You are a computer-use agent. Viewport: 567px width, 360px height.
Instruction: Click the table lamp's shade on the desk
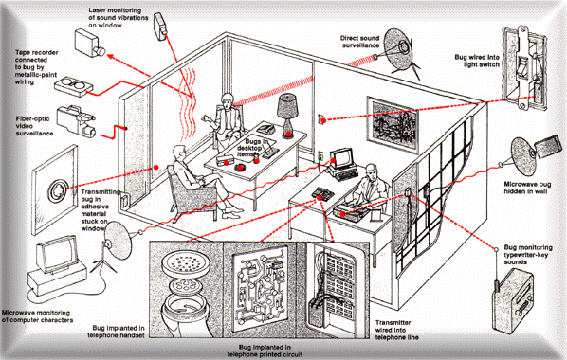click(287, 106)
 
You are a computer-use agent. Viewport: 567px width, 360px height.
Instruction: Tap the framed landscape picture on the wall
click(393, 122)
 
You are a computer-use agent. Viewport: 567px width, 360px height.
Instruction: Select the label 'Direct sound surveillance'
click(359, 42)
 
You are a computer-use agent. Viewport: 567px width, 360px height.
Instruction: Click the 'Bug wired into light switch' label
click(477, 61)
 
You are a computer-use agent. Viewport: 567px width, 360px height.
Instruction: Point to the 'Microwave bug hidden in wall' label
click(527, 188)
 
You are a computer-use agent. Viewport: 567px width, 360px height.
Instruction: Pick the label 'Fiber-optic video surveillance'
click(34, 126)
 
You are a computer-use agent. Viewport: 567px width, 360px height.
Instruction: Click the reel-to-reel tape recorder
click(74, 86)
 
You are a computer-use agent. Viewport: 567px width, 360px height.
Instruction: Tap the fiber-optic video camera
click(76, 121)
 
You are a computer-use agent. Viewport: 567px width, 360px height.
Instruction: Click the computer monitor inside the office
click(341, 158)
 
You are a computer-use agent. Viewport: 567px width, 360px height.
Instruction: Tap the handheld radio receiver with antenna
click(512, 301)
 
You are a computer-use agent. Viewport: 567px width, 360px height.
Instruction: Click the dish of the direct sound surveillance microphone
click(398, 49)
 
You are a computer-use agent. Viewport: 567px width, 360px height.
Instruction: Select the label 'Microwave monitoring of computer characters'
click(37, 316)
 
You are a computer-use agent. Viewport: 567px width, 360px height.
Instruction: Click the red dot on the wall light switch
click(324, 120)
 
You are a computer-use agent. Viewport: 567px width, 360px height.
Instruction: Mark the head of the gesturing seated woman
click(228, 99)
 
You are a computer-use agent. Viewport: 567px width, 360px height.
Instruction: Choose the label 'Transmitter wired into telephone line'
click(396, 330)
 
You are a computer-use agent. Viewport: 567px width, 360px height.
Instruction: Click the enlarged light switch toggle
click(521, 66)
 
